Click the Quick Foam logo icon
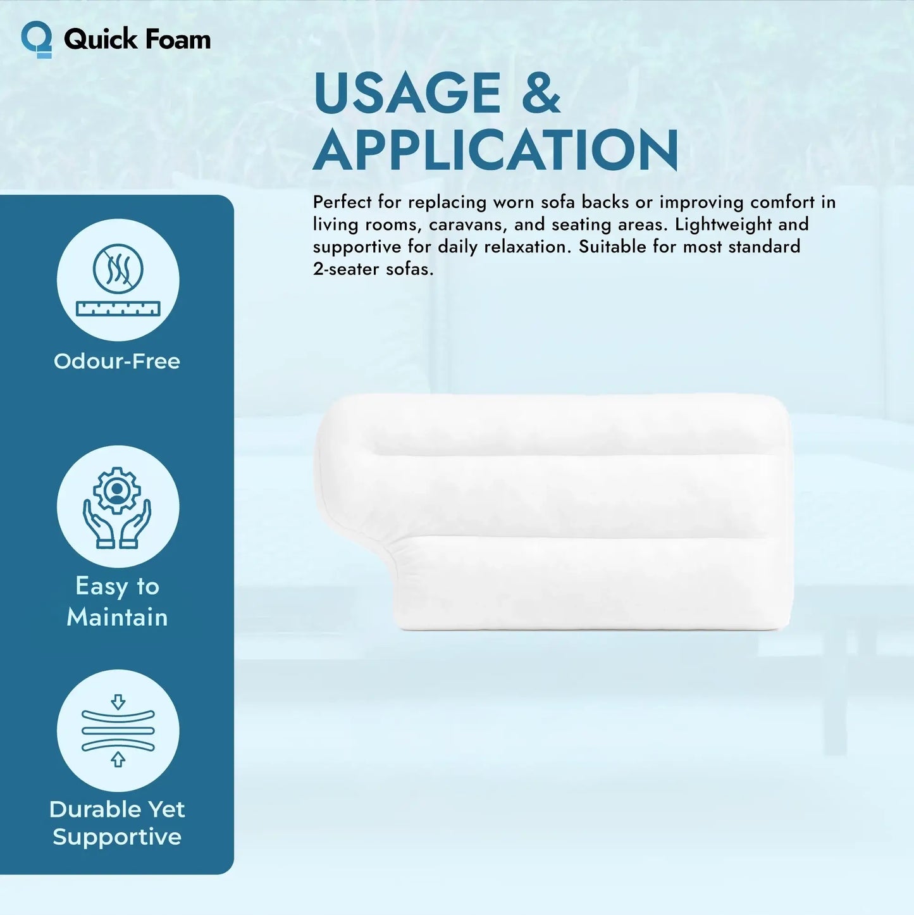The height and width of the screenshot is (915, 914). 37,39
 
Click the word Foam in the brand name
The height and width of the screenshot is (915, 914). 174,39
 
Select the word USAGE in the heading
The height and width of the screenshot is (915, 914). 407,93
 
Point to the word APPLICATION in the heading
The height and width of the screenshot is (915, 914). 496,150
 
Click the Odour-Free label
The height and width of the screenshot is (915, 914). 117,361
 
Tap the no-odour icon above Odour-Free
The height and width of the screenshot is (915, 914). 118,268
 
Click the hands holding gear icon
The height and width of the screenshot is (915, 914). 118,507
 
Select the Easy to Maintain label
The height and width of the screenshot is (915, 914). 118,601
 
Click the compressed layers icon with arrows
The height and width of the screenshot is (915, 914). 118,731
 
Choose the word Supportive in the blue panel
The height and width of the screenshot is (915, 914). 117,837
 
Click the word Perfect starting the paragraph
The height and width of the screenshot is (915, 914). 342,202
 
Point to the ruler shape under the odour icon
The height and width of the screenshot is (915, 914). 118,309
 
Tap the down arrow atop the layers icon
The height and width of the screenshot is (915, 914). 118,702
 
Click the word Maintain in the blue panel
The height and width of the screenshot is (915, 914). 118,617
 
